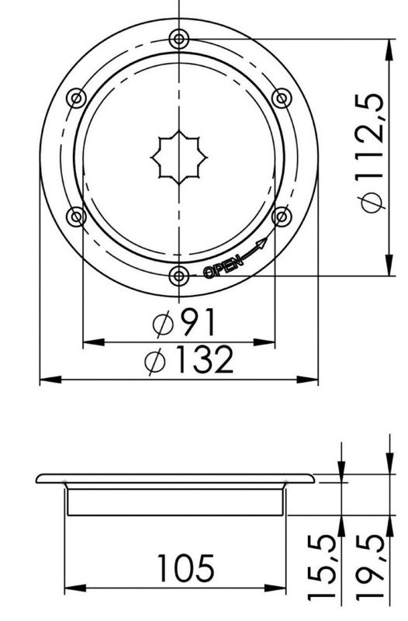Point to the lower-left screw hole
[x=76, y=216]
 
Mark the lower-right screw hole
[x=282, y=216]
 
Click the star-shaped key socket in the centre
[x=179, y=157]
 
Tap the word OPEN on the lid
[x=223, y=266]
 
